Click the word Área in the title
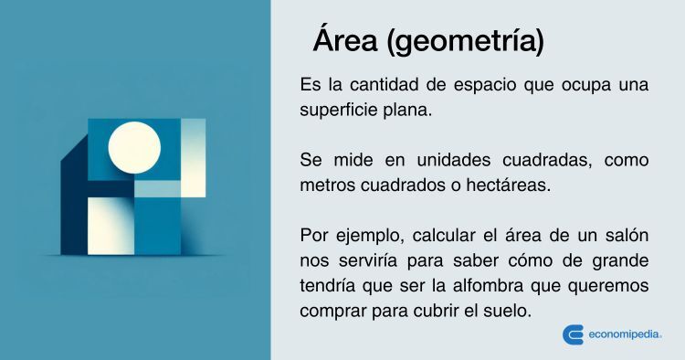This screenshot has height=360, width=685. pos(345,39)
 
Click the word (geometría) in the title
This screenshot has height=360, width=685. pos(466,41)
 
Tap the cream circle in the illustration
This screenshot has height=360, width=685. pos(134,148)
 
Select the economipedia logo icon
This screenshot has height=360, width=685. pos(574,334)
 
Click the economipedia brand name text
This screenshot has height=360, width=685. pos(625,334)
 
